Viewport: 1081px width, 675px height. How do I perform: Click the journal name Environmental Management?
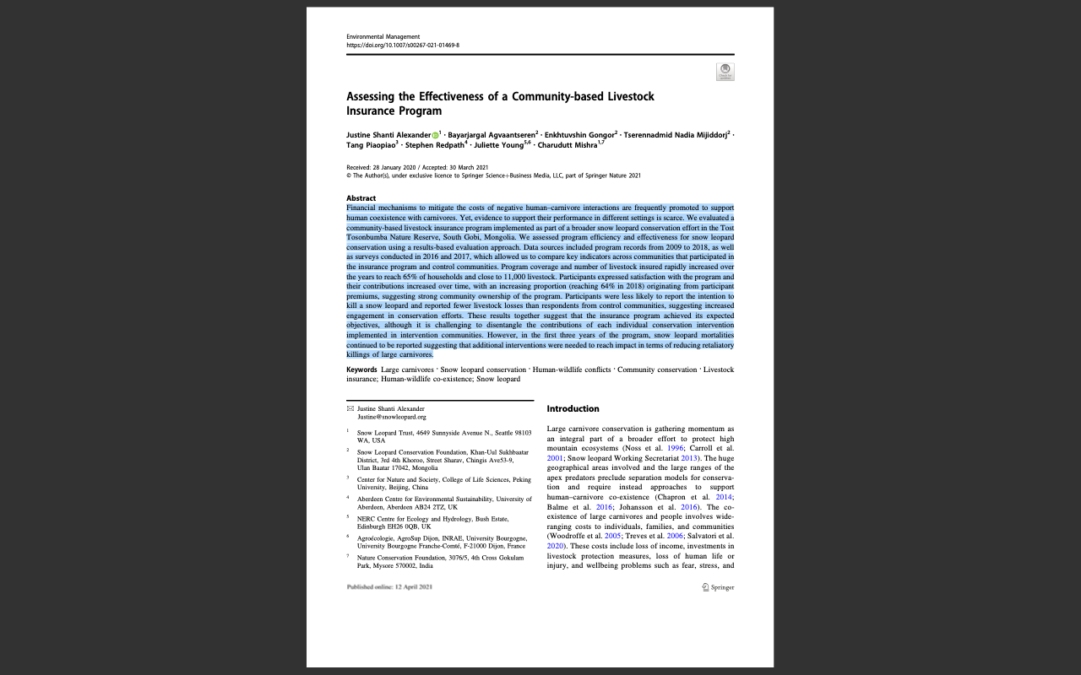383,37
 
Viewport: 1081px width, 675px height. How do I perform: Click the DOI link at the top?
402,46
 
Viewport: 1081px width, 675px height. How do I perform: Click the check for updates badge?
725,72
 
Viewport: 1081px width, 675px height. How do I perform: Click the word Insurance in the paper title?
370,111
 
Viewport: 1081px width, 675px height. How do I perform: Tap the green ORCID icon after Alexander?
435,135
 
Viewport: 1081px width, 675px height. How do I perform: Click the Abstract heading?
361,198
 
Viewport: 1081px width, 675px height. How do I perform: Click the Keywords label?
361,370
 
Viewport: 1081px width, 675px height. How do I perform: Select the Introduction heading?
573,409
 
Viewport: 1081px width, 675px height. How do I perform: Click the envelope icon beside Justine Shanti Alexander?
350,408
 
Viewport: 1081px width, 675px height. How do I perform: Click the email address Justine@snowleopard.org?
391,417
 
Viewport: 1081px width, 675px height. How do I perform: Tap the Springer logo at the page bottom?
718,587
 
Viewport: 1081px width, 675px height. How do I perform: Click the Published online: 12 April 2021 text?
389,587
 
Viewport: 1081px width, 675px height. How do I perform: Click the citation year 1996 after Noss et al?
675,448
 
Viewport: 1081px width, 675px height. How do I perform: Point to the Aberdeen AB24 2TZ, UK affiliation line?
407,507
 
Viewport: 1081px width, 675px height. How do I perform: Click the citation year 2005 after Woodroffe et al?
612,536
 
